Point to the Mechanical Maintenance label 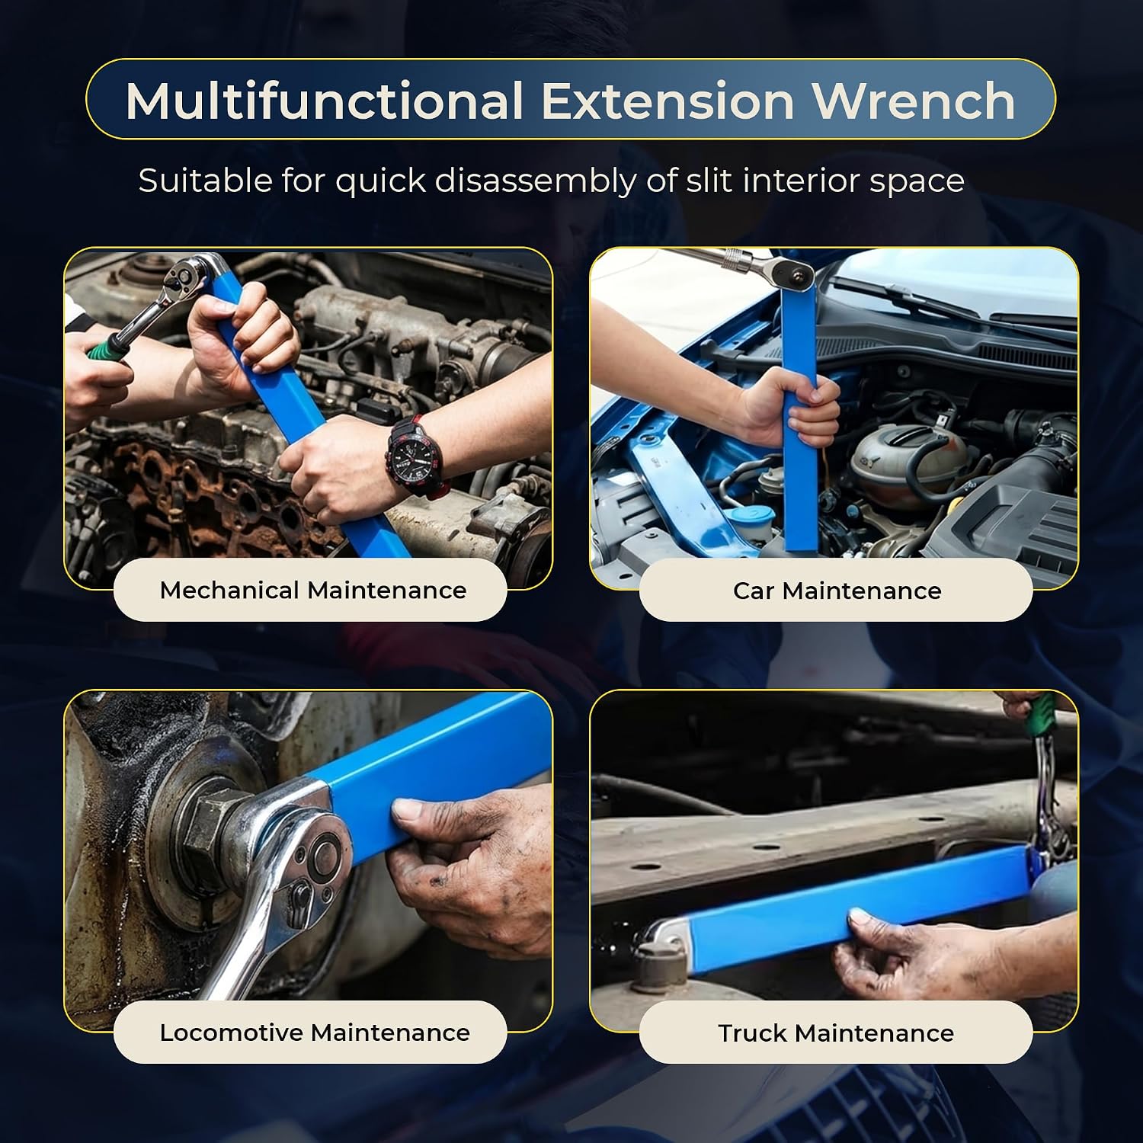point(312,590)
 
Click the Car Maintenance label point(837,591)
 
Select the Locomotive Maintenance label point(314,1033)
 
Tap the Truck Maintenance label point(836,1033)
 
